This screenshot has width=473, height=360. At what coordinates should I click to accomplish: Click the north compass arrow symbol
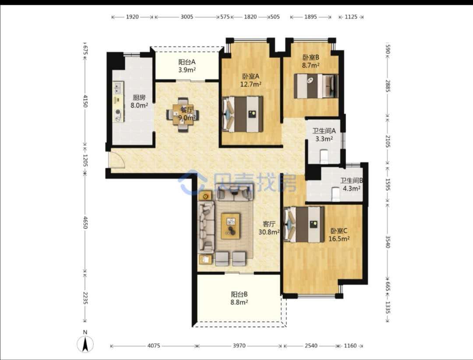[85, 344]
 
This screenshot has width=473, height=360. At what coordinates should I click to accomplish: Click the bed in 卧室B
[315, 86]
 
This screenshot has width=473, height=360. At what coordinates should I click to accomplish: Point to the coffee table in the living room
[231, 226]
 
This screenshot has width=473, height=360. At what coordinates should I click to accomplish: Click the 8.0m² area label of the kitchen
[139, 105]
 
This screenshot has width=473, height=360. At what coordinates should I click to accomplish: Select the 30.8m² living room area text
[269, 232]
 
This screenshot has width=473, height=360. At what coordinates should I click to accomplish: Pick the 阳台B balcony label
[239, 294]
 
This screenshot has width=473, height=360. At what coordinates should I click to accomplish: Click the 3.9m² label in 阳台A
[187, 70]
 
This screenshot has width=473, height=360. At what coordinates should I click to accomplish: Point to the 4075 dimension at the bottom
[153, 346]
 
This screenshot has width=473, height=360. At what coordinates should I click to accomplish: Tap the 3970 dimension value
[239, 346]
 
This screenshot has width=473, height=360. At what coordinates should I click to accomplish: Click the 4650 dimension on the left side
[85, 222]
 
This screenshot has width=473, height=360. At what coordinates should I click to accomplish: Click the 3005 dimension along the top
[187, 17]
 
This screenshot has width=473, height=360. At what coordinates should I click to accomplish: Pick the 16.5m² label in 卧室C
[339, 239]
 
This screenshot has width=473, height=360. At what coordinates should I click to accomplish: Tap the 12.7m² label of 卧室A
[251, 84]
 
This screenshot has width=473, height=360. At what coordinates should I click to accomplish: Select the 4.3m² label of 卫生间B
[351, 189]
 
